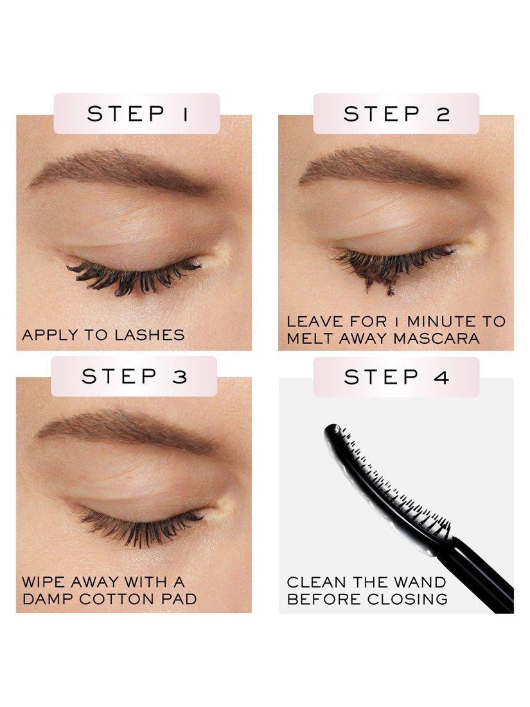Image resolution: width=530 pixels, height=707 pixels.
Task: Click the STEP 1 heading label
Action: [x=137, y=114]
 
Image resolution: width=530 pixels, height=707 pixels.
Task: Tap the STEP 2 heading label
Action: [x=396, y=114]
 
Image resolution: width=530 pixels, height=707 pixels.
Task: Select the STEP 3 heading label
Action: [x=134, y=376]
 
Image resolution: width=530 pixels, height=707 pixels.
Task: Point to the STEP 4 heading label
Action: [x=396, y=377]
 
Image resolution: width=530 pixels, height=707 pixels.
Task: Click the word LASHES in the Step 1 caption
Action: [x=149, y=335]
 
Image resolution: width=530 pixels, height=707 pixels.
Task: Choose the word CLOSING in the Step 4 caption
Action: [x=407, y=599]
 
